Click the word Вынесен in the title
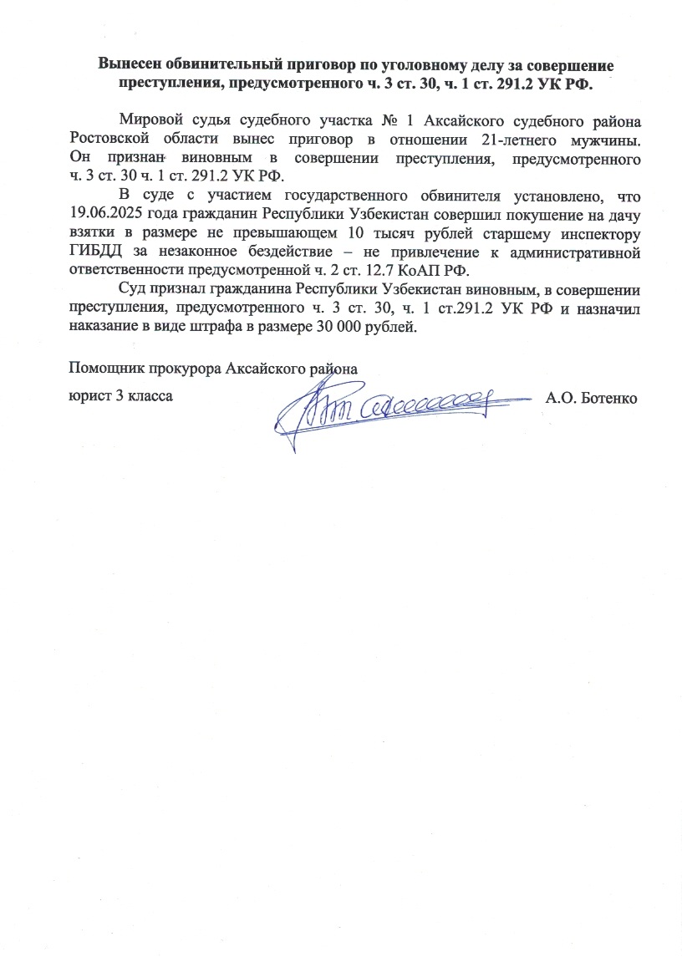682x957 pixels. pos(129,64)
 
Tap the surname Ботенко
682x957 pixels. pos(608,397)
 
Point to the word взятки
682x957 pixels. pos(90,233)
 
